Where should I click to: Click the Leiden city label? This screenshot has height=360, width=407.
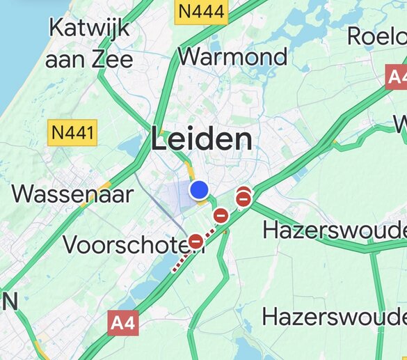[201, 140]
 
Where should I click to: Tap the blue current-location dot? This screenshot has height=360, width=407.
[200, 189]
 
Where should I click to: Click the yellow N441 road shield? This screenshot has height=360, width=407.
[72, 131]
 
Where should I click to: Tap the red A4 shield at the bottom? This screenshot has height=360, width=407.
[123, 322]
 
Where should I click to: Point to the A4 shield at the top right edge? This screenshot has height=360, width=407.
[397, 77]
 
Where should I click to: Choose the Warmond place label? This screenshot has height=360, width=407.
[232, 56]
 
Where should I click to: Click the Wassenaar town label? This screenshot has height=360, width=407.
[72, 193]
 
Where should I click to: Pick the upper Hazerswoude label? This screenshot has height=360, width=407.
[334, 229]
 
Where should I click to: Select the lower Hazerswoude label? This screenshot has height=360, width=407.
[334, 317]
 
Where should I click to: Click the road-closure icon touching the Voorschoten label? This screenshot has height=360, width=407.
[196, 241]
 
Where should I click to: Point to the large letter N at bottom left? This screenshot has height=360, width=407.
[9, 302]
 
